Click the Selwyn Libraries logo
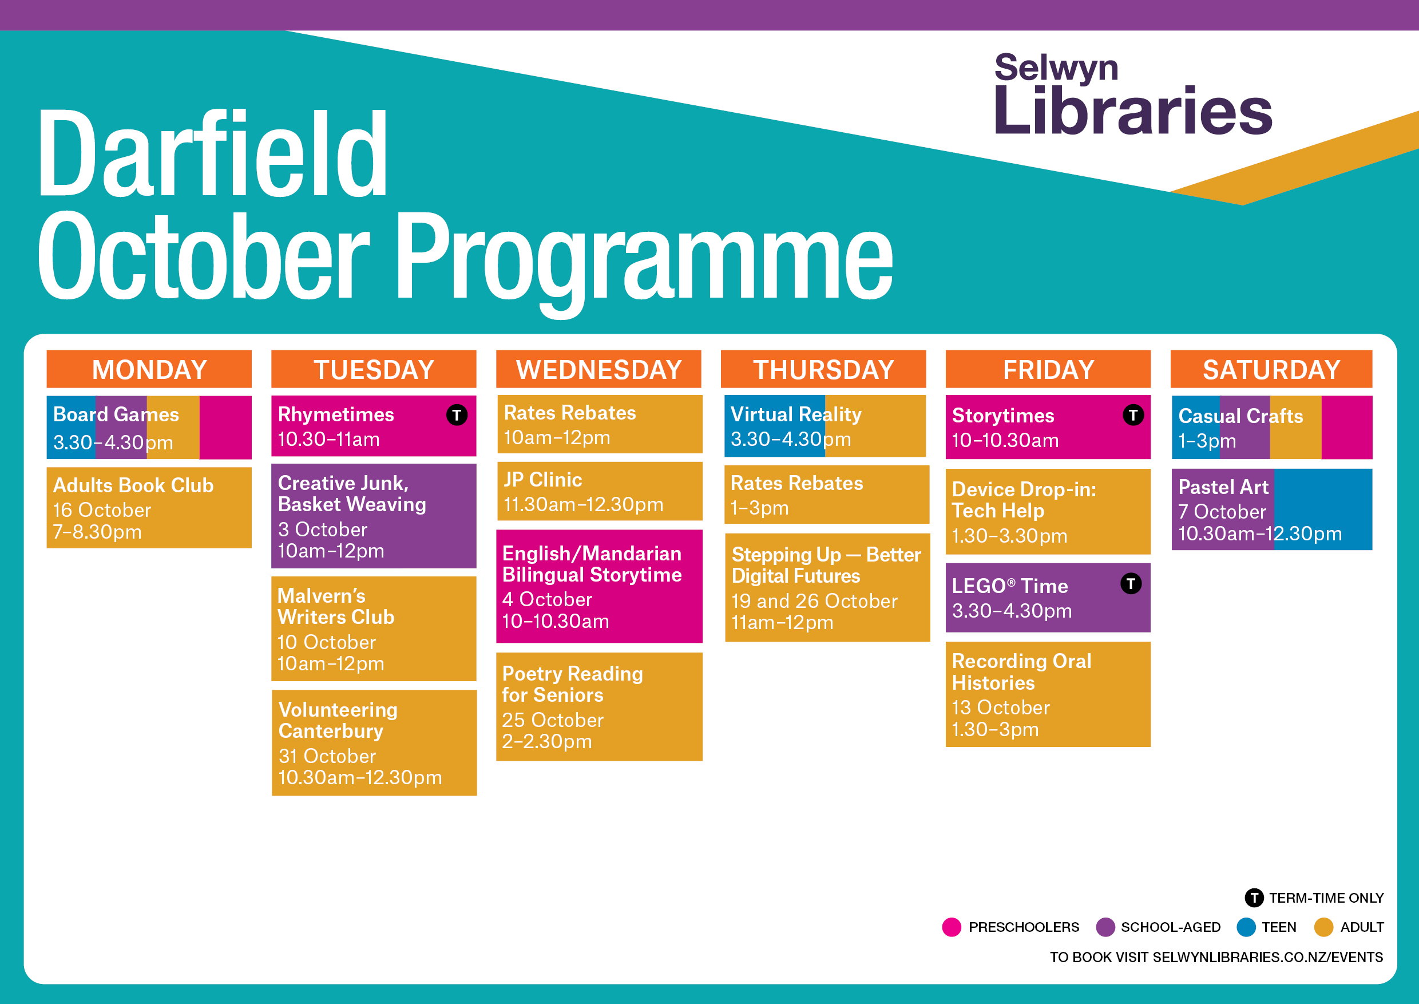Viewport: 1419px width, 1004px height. (x=1133, y=94)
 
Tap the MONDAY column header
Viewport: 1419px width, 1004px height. (x=149, y=369)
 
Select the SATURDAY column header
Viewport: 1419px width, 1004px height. (x=1271, y=369)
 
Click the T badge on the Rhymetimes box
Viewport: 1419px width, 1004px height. (x=457, y=414)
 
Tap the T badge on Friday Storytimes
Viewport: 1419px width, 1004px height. (x=1133, y=414)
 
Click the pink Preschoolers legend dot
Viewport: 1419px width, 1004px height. (x=952, y=927)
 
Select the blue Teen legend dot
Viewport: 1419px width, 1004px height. (x=1246, y=927)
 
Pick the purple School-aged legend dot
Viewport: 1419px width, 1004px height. (x=1105, y=927)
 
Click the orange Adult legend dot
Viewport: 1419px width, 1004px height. (x=1323, y=927)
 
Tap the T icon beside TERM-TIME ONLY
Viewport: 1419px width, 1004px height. (x=1254, y=898)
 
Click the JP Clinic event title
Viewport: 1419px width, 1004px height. (x=542, y=480)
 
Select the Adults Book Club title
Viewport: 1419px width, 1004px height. (x=133, y=485)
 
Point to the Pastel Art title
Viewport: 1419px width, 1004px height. (x=1223, y=487)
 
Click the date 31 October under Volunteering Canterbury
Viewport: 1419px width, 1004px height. (x=327, y=756)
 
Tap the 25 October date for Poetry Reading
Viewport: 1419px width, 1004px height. (x=553, y=720)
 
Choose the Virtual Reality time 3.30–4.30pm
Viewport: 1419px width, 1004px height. (x=790, y=439)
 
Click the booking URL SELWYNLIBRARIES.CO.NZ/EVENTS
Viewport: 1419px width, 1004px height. (x=1267, y=957)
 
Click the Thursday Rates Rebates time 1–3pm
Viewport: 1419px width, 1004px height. (x=759, y=508)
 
